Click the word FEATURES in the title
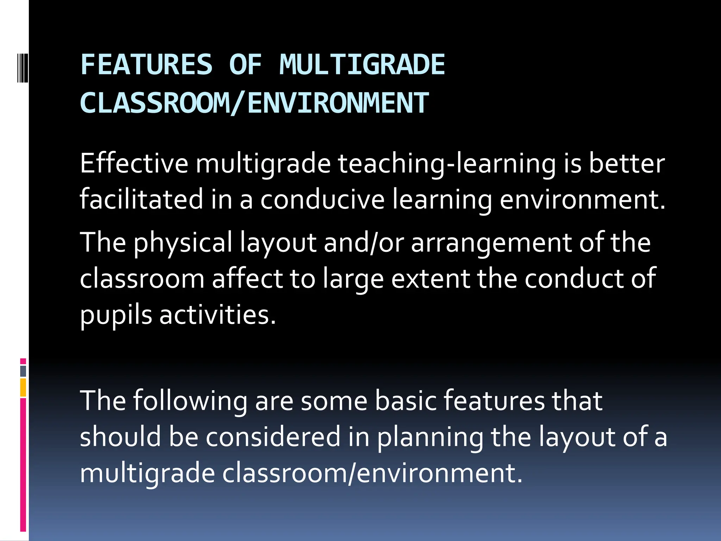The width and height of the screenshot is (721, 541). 146,65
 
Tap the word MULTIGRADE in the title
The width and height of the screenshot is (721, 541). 362,65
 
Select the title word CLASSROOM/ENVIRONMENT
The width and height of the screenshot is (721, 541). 254,103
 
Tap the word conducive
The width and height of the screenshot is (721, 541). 322,199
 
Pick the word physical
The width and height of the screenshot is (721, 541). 183,243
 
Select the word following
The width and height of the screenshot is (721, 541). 190,402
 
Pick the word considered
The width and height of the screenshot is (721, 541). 273,437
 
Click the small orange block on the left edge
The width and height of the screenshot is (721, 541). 23,387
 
